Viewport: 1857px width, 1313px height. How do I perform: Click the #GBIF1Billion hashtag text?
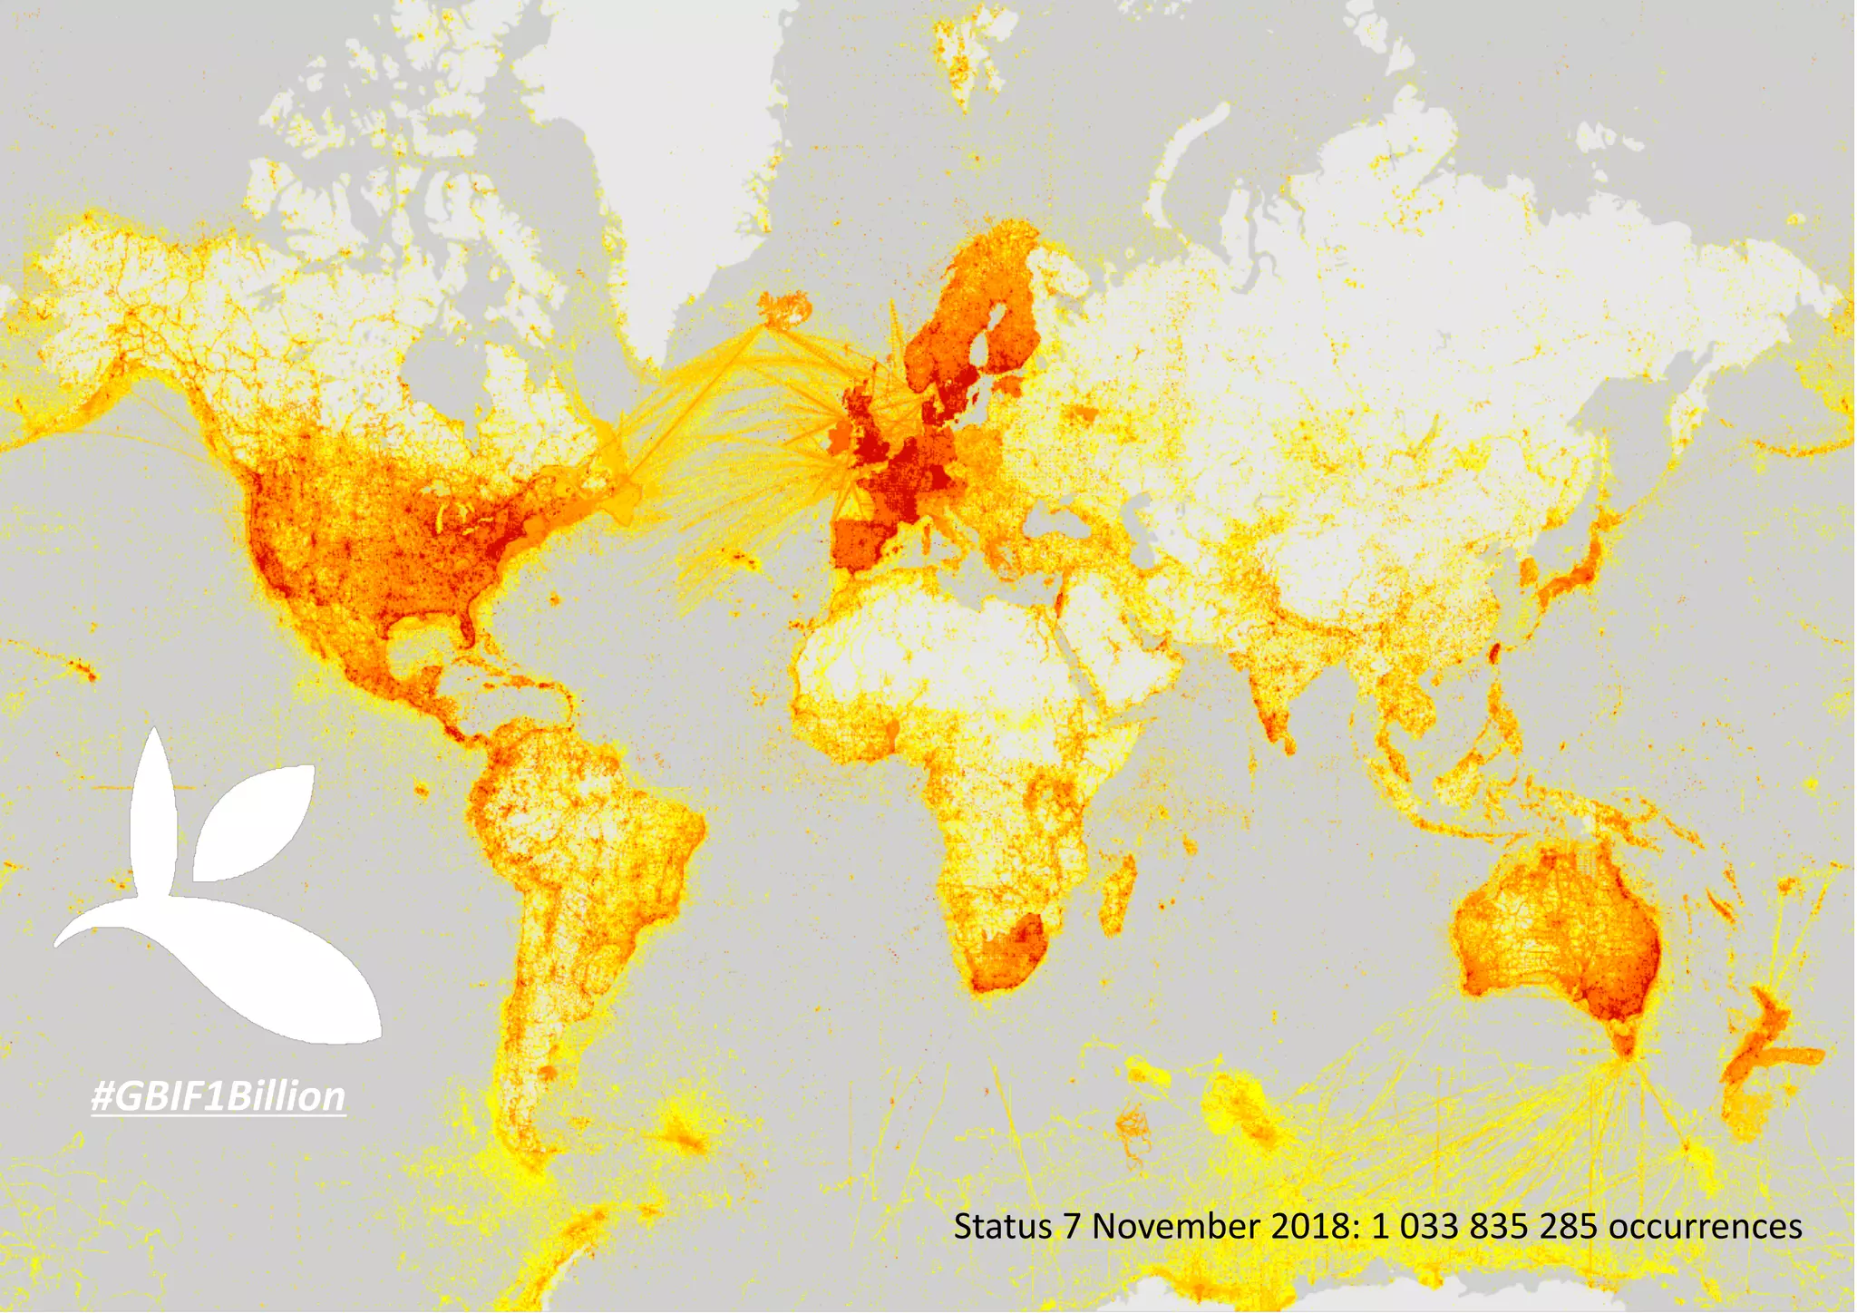[218, 1096]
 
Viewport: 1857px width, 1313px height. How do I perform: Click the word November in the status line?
[1176, 1227]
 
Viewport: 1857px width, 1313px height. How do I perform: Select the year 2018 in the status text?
[1312, 1227]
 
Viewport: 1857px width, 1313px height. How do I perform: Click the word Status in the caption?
[1003, 1227]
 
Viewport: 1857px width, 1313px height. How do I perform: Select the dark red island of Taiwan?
[1495, 651]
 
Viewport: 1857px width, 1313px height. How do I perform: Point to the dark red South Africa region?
[1011, 952]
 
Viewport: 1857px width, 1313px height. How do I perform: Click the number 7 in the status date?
[1073, 1227]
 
